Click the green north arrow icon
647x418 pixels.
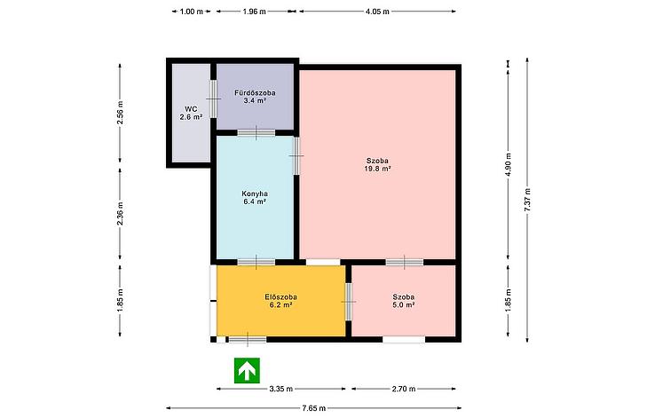coord(247,370)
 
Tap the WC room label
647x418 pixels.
coord(191,113)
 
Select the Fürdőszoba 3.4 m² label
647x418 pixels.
coord(255,97)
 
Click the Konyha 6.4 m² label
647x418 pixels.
coord(255,198)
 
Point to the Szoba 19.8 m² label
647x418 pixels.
coord(377,165)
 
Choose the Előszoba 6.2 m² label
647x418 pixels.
coord(280,301)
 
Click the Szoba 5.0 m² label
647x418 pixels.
coord(404,301)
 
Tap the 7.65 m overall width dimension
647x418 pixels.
coord(313,408)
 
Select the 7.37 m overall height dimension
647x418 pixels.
coord(527,201)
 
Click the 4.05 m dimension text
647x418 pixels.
coord(377,12)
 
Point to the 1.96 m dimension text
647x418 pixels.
coord(254,12)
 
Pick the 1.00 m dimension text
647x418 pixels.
coord(192,12)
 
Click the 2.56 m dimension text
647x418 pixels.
coord(120,113)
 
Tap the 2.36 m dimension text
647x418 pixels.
coord(120,213)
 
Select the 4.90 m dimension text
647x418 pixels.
coord(508,165)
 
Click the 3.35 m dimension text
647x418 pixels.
coord(281,389)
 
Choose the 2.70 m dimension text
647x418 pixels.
coord(404,389)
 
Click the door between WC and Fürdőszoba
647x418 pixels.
coord(213,99)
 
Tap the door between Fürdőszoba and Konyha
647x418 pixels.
coord(256,133)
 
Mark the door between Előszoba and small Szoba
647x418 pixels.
coord(349,302)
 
